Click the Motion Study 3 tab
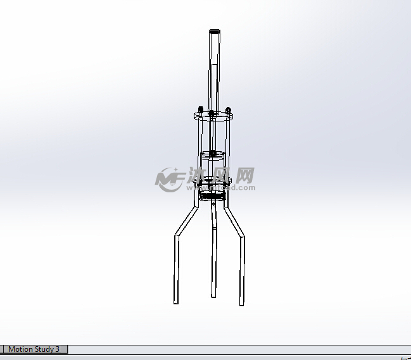tap(34, 349)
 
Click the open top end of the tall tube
tap(214, 30)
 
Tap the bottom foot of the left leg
tap(176, 302)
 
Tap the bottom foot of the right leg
tap(241, 304)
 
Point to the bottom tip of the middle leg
tap(213, 296)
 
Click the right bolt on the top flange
tap(228, 109)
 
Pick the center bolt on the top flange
tap(211, 115)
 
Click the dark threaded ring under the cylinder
tap(213, 197)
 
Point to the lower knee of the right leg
tap(241, 237)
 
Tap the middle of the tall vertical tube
tap(214, 70)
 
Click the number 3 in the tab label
tap(57, 349)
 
